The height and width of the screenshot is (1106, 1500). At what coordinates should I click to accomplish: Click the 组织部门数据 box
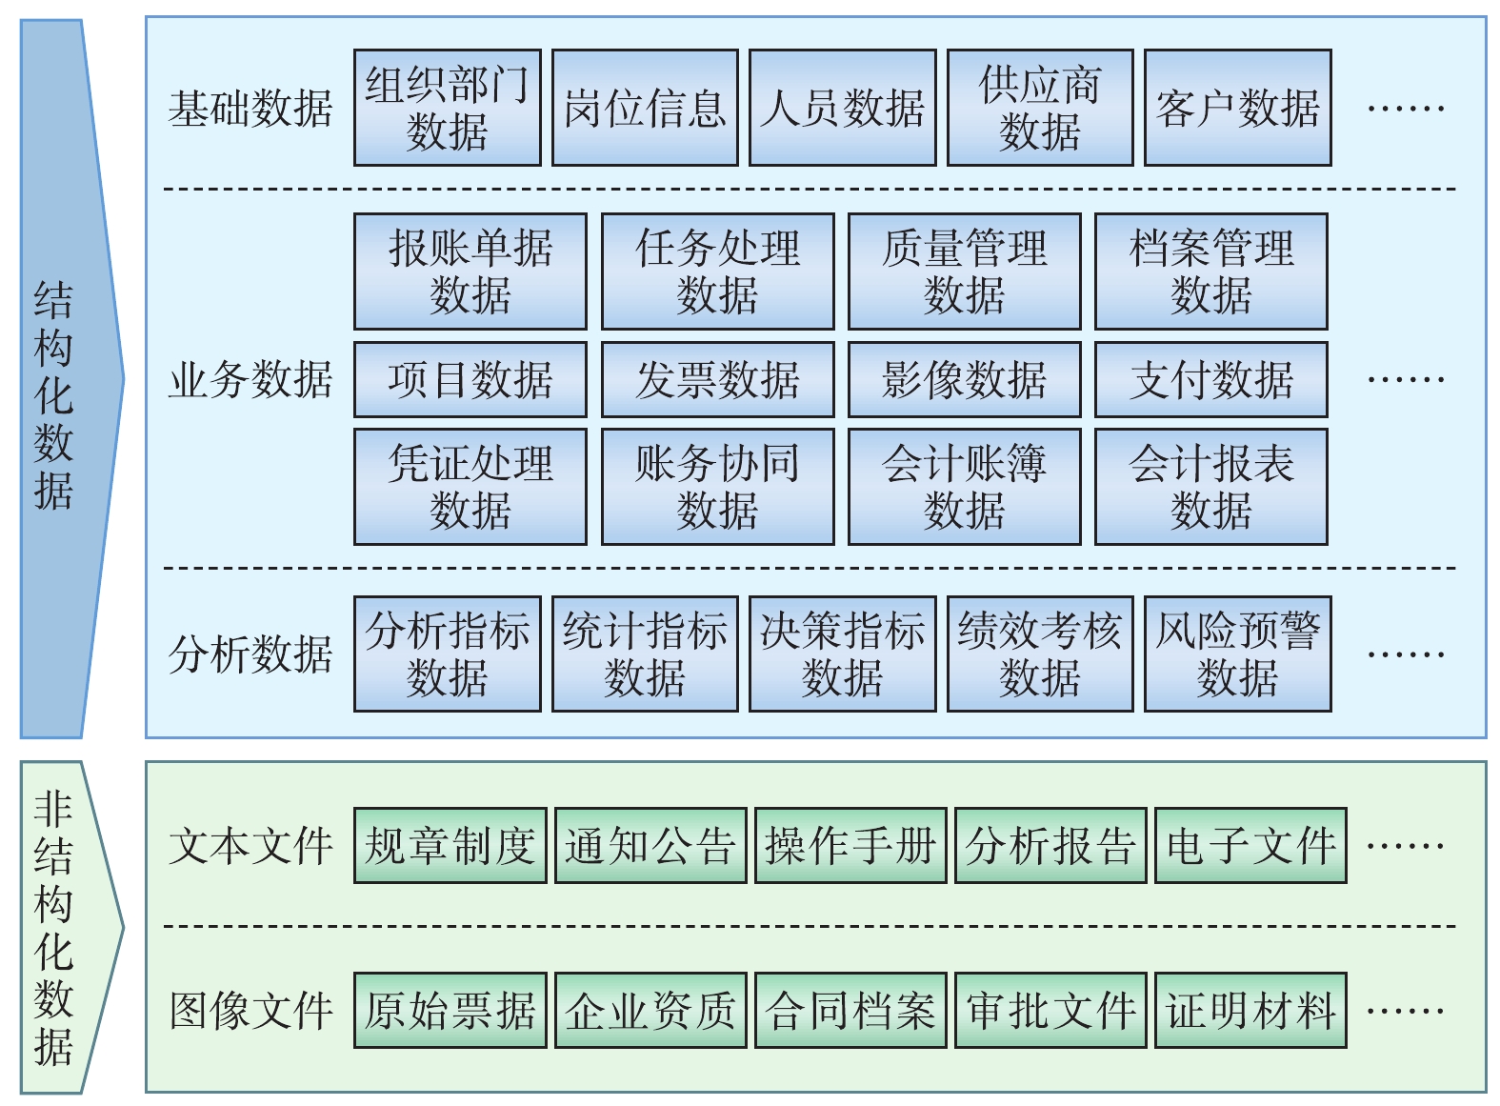pos(447,108)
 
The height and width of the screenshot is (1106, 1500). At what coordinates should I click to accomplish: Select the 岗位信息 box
pos(645,108)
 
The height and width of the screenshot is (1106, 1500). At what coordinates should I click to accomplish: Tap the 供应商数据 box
pos(1040,108)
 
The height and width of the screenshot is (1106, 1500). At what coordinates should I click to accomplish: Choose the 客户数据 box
pos(1237,108)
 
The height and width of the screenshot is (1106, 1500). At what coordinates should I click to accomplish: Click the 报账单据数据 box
pos(470,271)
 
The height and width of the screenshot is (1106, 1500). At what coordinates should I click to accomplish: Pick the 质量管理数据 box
pos(964,271)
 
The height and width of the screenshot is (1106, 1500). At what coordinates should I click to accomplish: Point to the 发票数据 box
pos(717,379)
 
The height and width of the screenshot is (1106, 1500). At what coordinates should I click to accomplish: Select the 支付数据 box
pos(1210,379)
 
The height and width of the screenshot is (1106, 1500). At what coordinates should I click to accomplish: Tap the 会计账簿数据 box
pos(964,487)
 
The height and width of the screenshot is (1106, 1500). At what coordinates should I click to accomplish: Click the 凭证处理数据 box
pos(470,487)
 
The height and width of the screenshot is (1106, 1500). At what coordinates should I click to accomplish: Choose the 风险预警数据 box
pos(1237,654)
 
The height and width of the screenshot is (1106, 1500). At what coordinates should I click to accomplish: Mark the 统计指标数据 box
pos(645,654)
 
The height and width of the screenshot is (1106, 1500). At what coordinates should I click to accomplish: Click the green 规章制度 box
pos(450,845)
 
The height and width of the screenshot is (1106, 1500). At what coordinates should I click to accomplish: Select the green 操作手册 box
pos(850,845)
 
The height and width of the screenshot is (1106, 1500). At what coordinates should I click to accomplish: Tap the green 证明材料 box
pos(1250,1010)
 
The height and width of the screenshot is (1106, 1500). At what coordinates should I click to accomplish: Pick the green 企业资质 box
pos(650,1010)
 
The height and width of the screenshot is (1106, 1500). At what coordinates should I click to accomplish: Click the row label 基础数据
pos(250,109)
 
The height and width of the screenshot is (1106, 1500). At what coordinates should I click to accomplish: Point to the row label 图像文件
pos(250,1011)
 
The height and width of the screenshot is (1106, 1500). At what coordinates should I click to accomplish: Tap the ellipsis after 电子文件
pos(1405,845)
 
